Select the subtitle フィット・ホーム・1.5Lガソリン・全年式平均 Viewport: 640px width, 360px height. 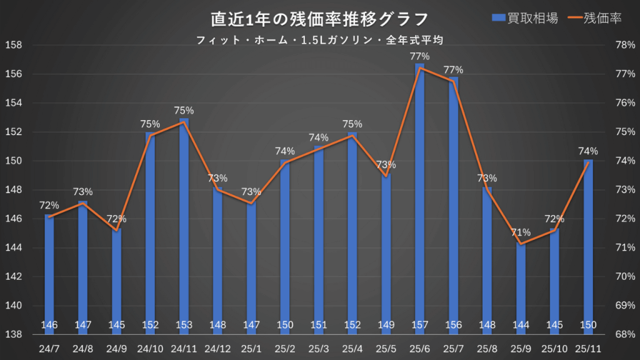click(320, 40)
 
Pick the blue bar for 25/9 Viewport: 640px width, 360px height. click(521, 287)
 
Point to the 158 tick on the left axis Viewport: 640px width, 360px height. click(13, 45)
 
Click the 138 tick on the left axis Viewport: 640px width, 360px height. click(13, 334)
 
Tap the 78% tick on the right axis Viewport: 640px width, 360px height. click(626, 45)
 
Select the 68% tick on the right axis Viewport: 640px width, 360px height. click(626, 334)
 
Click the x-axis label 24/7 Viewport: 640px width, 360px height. click(49, 348)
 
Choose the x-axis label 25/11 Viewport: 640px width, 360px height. click(589, 348)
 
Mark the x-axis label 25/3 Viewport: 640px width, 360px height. click(319, 348)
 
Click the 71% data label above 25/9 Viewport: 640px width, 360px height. click(521, 233)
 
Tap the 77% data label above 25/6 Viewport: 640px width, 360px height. click(419, 57)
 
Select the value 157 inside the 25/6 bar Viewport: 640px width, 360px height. click(419, 325)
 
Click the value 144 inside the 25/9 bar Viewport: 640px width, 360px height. click(521, 325)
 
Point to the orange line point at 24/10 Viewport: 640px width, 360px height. click(150, 135)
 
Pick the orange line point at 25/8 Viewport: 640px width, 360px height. click(487, 189)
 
